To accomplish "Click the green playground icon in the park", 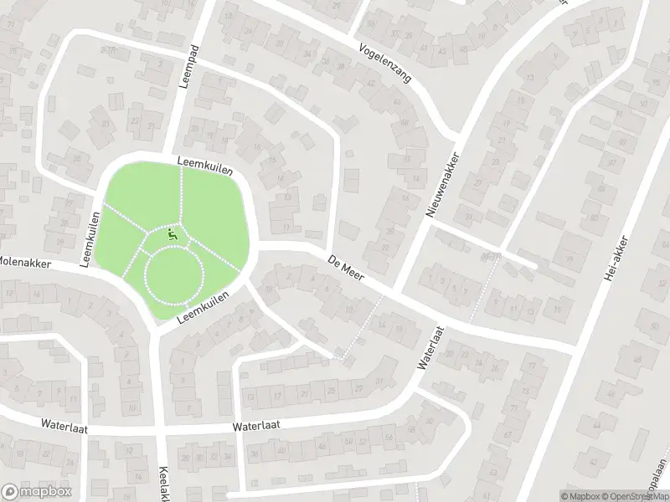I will point(173,236).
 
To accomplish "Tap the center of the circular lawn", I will point(174,275).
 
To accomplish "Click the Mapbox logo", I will point(35,492).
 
